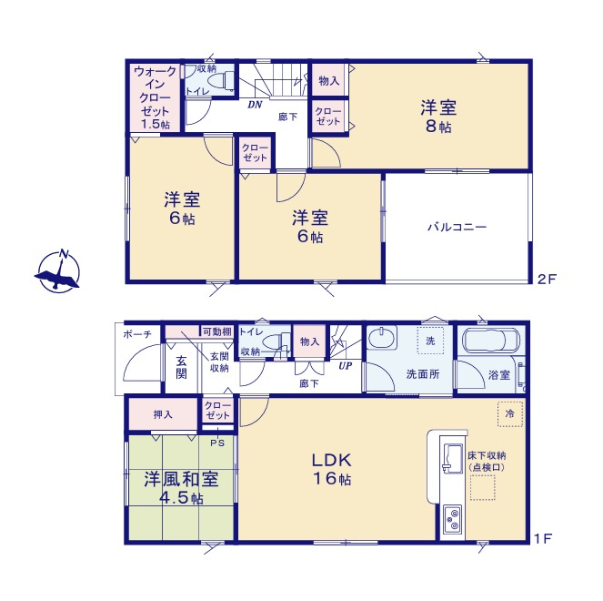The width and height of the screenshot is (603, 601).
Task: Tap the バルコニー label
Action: (457, 227)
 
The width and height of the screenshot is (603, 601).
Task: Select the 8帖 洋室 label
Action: (437, 116)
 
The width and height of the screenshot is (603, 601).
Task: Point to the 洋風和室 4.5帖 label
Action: (179, 487)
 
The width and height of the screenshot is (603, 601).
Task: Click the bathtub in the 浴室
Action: (490, 343)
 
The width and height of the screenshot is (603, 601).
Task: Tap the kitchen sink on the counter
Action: (450, 456)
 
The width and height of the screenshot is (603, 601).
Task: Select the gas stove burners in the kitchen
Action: (451, 520)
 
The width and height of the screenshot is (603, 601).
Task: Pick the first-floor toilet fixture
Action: (275, 344)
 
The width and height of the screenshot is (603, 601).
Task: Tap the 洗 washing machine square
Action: (428, 341)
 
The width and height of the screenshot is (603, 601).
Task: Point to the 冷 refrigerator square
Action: (510, 413)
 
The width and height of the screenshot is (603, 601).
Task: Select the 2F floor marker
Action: (545, 280)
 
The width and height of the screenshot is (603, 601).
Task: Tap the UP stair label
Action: (346, 366)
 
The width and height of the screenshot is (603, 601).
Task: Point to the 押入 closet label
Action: (162, 414)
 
